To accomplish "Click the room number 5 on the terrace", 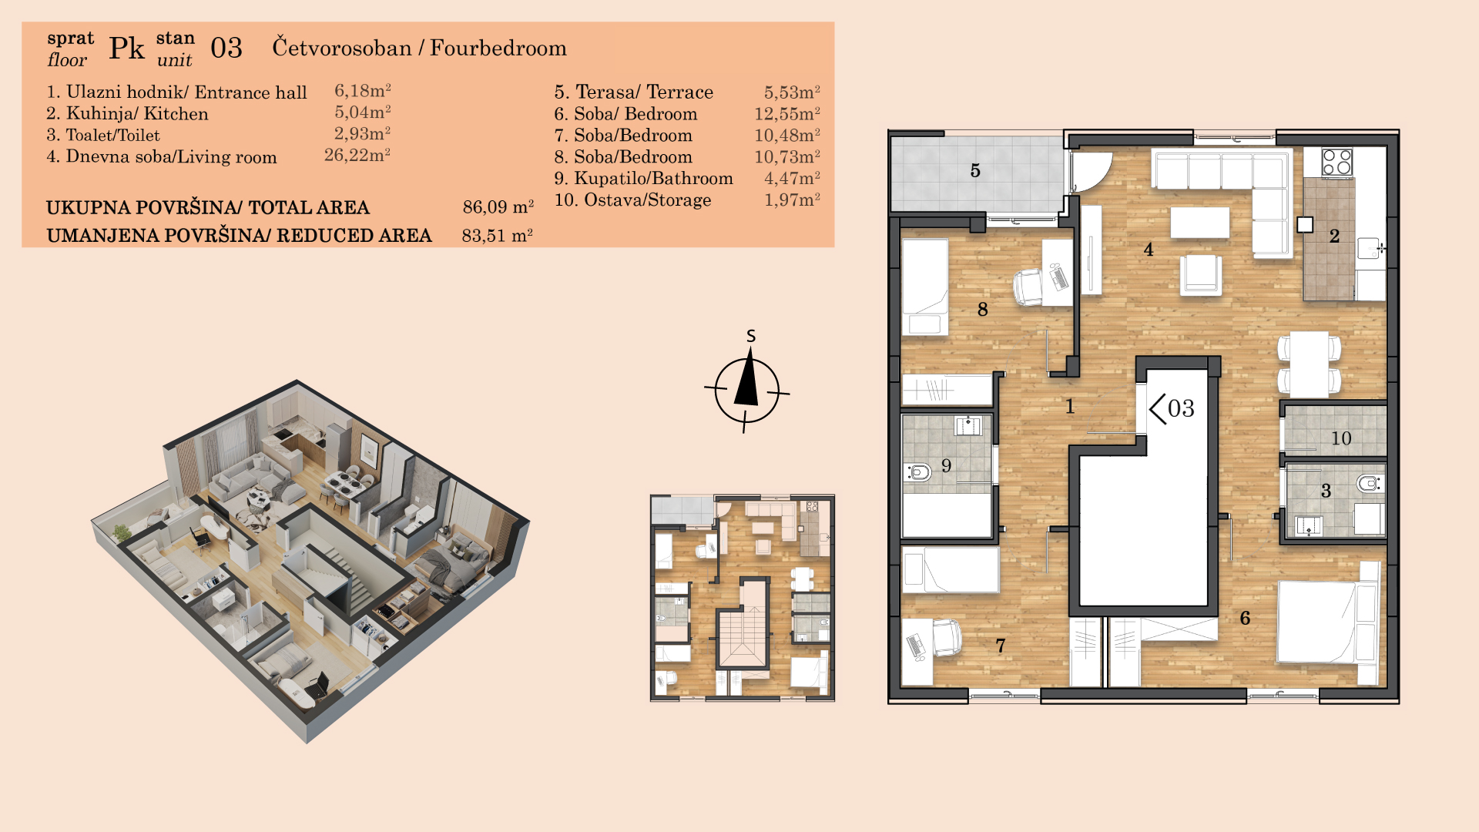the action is pos(975,170).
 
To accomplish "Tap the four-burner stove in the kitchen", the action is pos(1336,163).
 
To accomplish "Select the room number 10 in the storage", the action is pos(1341,438).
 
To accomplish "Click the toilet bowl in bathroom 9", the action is pos(919,471).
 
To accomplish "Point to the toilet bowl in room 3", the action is pos(1369,484).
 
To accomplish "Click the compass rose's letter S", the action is pos(751,336).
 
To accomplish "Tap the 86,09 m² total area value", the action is pos(498,207).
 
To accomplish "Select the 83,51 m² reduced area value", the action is pos(498,235).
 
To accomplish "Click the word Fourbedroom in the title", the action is pos(498,48).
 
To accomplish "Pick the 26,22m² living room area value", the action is pos(357,155).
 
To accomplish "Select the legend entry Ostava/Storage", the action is pos(632,200).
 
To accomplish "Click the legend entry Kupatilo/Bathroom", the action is pos(643,178).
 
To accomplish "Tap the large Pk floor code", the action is pos(126,48).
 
